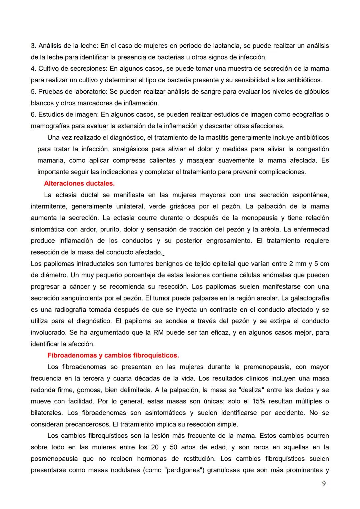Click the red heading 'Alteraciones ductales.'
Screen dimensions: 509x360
(79, 184)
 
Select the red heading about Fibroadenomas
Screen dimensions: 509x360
(113, 355)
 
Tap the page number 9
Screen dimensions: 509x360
(324, 484)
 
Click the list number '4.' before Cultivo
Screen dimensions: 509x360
(33, 69)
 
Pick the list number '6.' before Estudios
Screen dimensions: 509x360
(33, 115)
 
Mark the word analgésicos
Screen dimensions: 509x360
(130, 149)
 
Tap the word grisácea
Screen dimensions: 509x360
(182, 207)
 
